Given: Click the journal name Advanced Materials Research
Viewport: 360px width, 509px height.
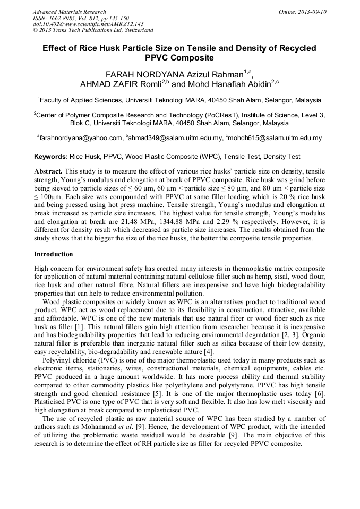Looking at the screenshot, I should pos(69,12).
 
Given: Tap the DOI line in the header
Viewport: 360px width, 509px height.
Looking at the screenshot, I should pos(88,24).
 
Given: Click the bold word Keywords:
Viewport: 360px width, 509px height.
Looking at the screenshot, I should pos(51,157).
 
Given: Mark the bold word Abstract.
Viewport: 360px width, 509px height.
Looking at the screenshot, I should pos(48,172).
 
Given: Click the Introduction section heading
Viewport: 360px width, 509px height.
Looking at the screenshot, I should pos(54,254).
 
